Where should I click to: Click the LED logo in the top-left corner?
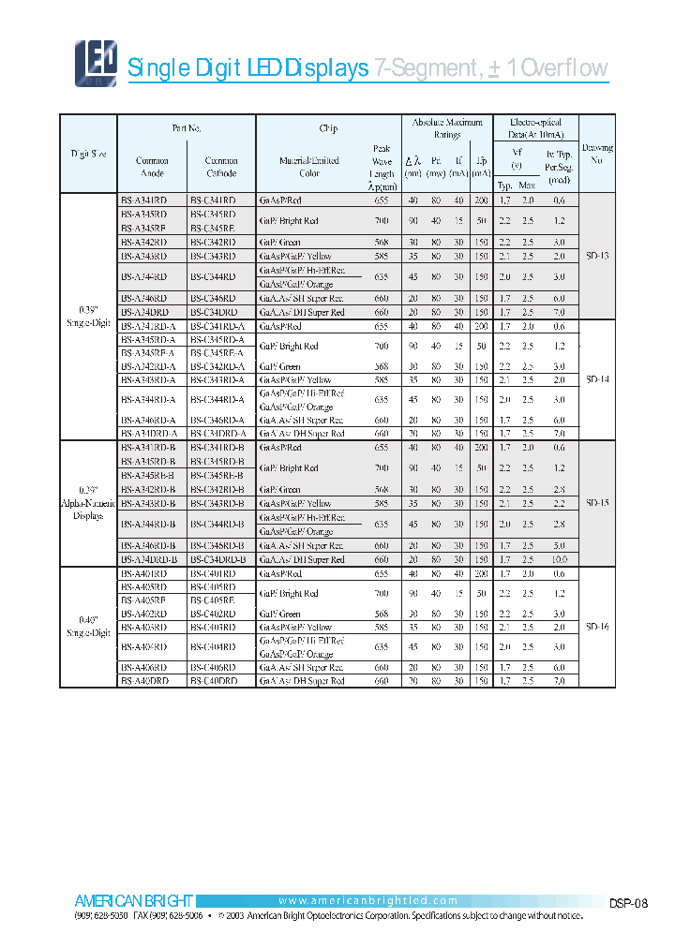pyautogui.click(x=96, y=64)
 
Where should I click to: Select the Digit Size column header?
pyautogui.click(x=88, y=154)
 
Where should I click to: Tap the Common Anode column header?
pyautogui.click(x=152, y=167)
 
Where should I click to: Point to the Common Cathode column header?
pyautogui.click(x=221, y=167)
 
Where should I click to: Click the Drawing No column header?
pyautogui.click(x=597, y=154)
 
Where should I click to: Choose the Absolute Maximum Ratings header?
pyautogui.click(x=447, y=128)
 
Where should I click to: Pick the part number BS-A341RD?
pyautogui.click(x=144, y=200)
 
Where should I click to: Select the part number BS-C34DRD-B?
pyautogui.click(x=217, y=559)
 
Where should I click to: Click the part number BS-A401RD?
pyautogui.click(x=144, y=573)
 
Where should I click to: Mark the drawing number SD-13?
pyautogui.click(x=597, y=255)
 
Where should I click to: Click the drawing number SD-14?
pyautogui.click(x=597, y=380)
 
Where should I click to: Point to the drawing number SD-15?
pyautogui.click(x=597, y=503)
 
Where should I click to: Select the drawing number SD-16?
pyautogui.click(x=597, y=627)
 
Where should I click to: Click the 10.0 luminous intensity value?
pyautogui.click(x=559, y=559)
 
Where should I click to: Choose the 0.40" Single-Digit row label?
pyautogui.click(x=88, y=627)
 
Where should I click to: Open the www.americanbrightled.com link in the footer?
pyautogui.click(x=367, y=900)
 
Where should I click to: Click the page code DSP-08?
pyautogui.click(x=628, y=904)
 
